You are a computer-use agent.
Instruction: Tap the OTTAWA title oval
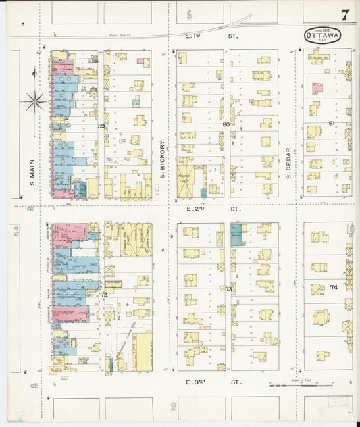coord(322,36)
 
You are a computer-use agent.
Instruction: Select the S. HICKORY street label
coord(163,159)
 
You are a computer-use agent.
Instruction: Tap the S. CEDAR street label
coord(288,162)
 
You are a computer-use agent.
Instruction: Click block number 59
coord(101,126)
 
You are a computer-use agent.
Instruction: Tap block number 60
coord(226,124)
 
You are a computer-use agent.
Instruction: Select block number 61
coord(332,124)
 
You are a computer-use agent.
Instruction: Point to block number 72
coord(103,295)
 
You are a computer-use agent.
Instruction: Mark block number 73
coord(228,289)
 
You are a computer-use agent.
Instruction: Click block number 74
coord(334,287)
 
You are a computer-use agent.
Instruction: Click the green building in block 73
coord(236,235)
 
